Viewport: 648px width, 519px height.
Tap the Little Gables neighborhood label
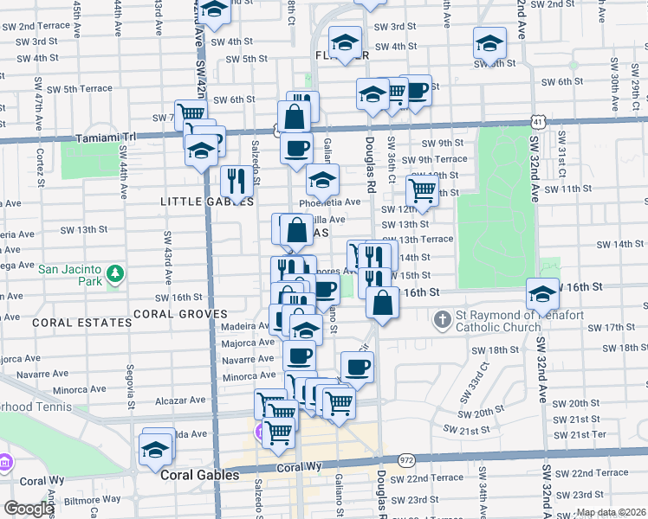207,202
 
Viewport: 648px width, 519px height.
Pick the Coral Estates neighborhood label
69,322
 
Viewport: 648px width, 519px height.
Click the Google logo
29,509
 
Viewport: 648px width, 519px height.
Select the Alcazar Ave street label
179,400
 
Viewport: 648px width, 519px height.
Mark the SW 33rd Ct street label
484,376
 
